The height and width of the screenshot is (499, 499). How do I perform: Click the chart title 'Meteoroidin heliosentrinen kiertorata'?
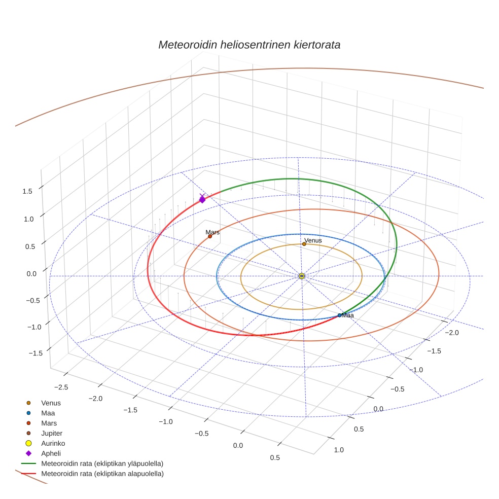coord(249,45)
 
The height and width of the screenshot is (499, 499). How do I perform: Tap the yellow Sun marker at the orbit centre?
coord(302,276)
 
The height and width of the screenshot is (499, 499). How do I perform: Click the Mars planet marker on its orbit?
coord(210,236)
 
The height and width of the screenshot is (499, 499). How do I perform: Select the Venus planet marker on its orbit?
coord(304,244)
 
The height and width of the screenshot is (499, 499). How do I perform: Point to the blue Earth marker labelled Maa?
coord(339,315)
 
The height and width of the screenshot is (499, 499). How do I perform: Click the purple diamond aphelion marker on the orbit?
coord(202,200)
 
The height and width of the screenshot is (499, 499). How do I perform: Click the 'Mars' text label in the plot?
coord(212,232)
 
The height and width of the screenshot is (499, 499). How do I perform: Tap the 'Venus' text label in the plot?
coord(313,240)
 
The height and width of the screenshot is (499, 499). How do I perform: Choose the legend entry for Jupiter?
coord(52,434)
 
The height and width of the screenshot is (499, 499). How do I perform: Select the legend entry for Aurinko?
coord(52,443)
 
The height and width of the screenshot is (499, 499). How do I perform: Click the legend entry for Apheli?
coord(51,453)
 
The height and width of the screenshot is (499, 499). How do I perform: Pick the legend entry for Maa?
coord(48,413)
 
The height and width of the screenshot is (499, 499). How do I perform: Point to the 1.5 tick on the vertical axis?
coord(27,191)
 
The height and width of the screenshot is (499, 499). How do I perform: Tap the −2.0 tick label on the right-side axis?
coord(451,333)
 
